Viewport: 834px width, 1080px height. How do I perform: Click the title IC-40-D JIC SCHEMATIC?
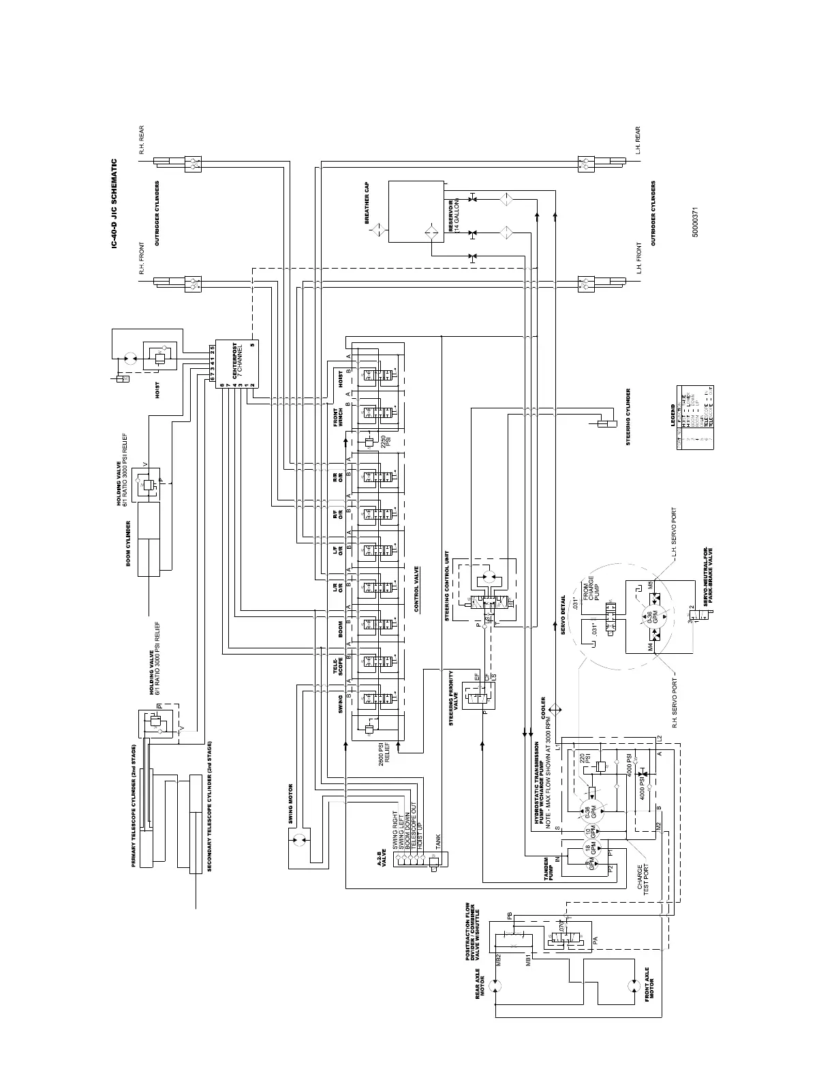pos(114,204)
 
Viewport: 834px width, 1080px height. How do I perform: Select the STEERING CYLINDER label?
pos(628,417)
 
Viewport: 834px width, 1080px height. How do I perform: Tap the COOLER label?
pos(543,709)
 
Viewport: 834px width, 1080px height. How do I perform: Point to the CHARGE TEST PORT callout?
pos(643,880)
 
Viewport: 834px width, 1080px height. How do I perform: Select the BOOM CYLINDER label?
pos(127,543)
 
